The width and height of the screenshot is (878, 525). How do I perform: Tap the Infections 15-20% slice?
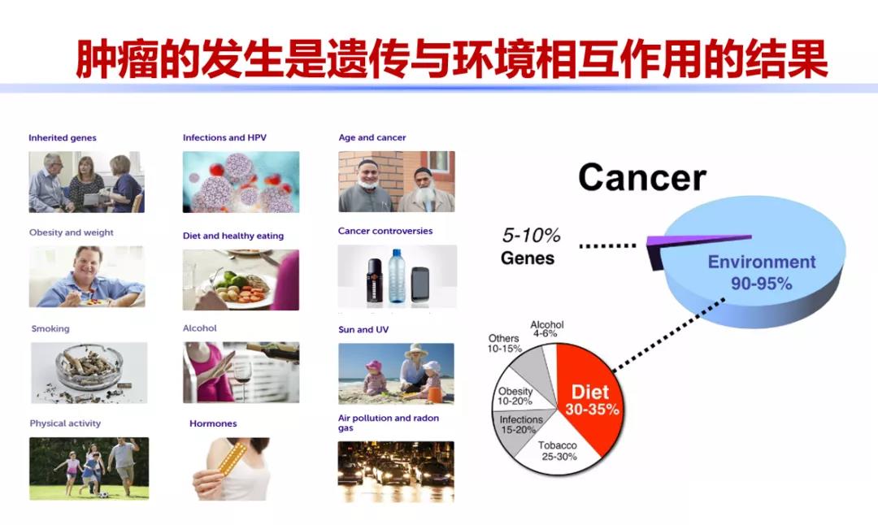tap(521, 424)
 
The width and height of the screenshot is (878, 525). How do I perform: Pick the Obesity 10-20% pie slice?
tap(516, 396)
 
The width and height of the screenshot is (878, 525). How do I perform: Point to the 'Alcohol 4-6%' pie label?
tap(547, 329)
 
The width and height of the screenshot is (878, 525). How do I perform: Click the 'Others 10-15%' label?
tap(504, 343)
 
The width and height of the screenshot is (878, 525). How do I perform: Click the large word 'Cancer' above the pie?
tap(642, 177)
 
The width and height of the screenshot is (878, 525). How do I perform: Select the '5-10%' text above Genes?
tap(531, 236)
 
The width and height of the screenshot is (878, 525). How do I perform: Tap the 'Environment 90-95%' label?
tap(761, 272)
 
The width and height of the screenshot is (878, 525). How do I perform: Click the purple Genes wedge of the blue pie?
tap(699, 239)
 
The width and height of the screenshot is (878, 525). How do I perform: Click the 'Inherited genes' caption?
tap(63, 138)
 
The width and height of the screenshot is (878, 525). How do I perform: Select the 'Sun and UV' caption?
tap(363, 330)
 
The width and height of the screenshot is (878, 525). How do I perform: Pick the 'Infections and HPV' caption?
tap(224, 138)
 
